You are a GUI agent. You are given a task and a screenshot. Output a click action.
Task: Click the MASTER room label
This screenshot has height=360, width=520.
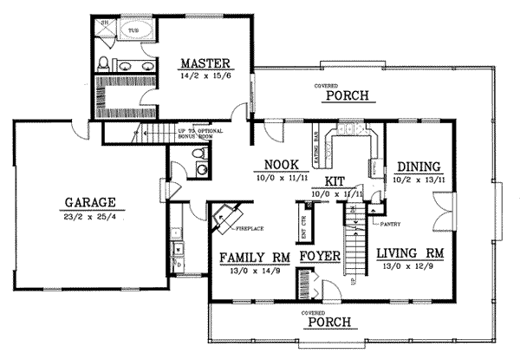point(205,62)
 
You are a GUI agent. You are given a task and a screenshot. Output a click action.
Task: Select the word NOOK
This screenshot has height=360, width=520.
point(281,165)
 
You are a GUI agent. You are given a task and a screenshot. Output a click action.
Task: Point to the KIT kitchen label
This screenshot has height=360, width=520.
point(335,180)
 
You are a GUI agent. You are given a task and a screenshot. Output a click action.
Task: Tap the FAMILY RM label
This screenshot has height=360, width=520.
point(254,258)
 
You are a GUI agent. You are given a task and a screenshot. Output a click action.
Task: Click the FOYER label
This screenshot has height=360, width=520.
point(318,258)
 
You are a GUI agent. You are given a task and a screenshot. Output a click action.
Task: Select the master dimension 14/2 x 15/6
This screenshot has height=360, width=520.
point(205,76)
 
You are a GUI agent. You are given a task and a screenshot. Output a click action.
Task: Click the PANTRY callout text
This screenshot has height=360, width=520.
point(387,224)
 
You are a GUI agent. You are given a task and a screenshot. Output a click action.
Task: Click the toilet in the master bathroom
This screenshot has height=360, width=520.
point(104,62)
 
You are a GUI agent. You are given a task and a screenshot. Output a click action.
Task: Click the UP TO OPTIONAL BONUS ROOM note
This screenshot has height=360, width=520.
point(201,131)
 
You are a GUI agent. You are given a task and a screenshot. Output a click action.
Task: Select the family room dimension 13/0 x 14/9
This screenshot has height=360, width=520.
point(254,270)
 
